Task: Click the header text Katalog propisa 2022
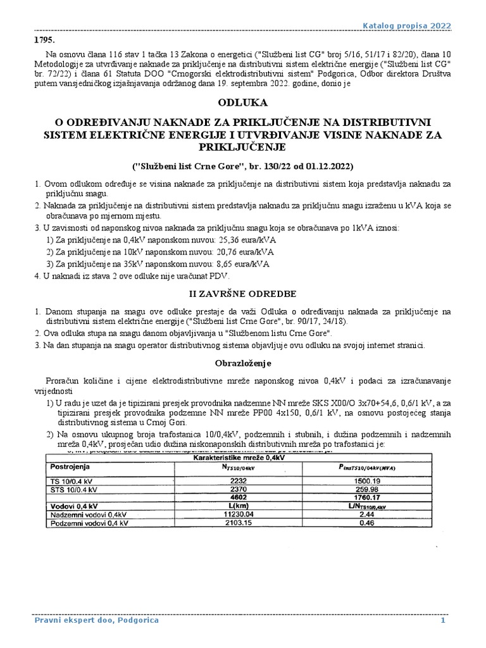pos(406,25)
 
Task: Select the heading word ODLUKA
pos(242,102)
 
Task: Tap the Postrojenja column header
pos(70,466)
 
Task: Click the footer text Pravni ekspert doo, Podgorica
pos(96,620)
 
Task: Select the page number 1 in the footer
pos(444,620)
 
